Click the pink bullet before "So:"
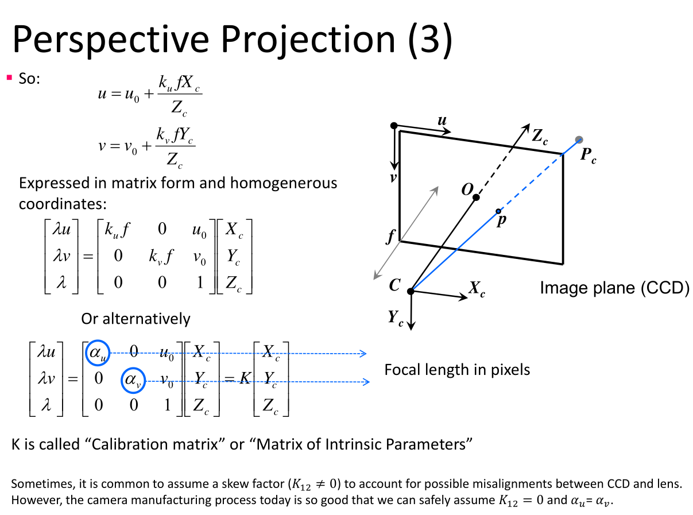(9, 77)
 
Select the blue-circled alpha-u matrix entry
(96, 353)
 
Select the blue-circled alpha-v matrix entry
(134, 380)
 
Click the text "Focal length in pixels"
(457, 369)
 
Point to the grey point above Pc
(579, 140)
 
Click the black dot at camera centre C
(411, 292)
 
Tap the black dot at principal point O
(476, 198)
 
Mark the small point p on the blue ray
(498, 211)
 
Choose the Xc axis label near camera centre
(477, 289)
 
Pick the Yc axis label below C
(396, 317)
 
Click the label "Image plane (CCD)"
(614, 288)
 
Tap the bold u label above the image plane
(442, 120)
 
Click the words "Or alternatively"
(135, 319)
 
